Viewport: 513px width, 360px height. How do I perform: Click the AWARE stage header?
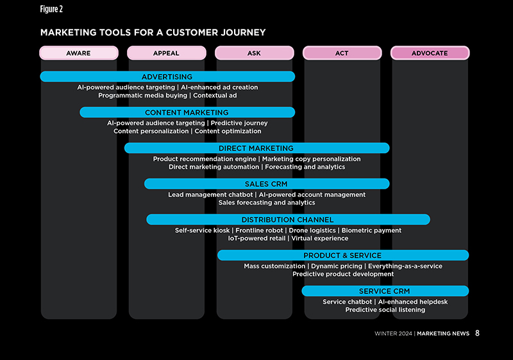click(78, 53)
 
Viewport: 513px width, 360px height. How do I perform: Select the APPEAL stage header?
click(166, 53)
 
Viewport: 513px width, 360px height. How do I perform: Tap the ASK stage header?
click(254, 53)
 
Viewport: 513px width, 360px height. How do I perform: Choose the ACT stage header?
click(342, 53)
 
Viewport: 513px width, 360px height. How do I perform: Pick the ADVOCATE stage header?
click(430, 53)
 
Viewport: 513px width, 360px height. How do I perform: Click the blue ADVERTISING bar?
click(167, 76)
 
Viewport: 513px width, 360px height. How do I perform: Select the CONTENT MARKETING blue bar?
click(187, 112)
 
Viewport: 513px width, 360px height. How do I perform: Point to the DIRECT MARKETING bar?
click(256, 148)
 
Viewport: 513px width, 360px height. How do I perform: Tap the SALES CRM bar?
click(266, 184)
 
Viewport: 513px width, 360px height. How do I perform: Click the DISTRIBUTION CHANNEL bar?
click(287, 219)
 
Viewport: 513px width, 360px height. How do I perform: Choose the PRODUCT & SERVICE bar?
click(342, 255)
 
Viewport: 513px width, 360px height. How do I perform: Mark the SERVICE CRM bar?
click(385, 291)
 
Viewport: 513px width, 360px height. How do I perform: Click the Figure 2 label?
click(51, 9)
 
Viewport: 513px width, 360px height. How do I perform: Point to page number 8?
click(478, 333)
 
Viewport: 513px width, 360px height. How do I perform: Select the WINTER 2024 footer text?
click(393, 334)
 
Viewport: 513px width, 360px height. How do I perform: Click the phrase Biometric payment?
click(371, 230)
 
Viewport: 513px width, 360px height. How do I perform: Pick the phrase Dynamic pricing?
click(336, 266)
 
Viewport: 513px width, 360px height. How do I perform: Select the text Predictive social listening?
click(385, 310)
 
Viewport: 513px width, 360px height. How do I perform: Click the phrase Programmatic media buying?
click(143, 96)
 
